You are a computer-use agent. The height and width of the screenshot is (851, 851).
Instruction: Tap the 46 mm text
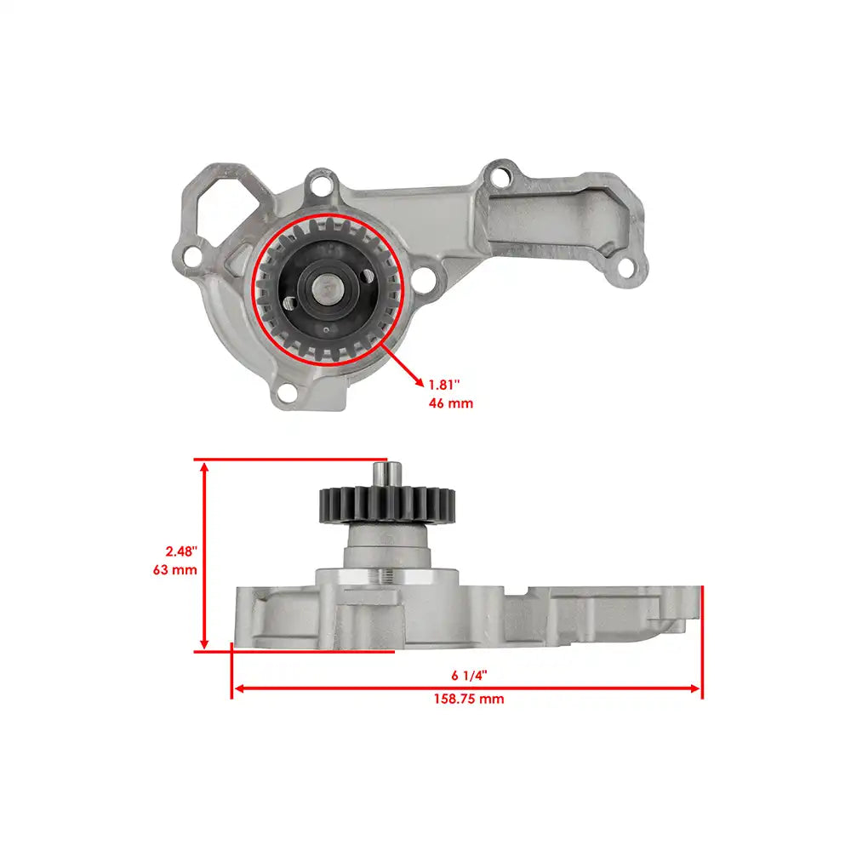click(x=450, y=403)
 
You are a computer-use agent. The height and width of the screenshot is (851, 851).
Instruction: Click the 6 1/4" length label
click(x=469, y=675)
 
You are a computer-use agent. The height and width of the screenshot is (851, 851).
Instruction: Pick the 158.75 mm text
click(x=468, y=699)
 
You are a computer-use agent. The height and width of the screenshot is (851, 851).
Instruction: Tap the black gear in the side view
click(x=388, y=503)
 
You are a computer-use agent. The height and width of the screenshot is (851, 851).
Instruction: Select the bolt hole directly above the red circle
click(x=321, y=182)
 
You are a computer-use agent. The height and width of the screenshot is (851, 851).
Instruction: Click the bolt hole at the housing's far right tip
click(x=625, y=269)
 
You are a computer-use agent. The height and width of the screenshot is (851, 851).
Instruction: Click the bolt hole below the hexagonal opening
click(x=193, y=254)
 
